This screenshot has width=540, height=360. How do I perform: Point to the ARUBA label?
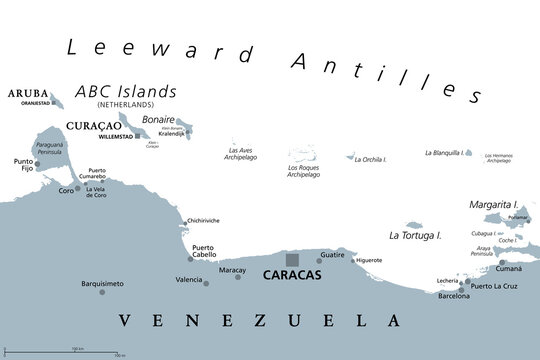click(x=27, y=94)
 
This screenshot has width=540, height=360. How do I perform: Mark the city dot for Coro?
click(x=80, y=188)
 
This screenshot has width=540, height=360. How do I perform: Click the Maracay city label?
click(x=232, y=268)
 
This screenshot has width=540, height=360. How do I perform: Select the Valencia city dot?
click(x=207, y=283)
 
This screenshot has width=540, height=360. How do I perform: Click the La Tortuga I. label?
click(x=415, y=235)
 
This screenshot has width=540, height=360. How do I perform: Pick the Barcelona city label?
click(x=453, y=296)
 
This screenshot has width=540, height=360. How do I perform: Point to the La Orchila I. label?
click(x=372, y=159)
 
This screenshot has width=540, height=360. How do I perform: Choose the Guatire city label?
click(x=332, y=256)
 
